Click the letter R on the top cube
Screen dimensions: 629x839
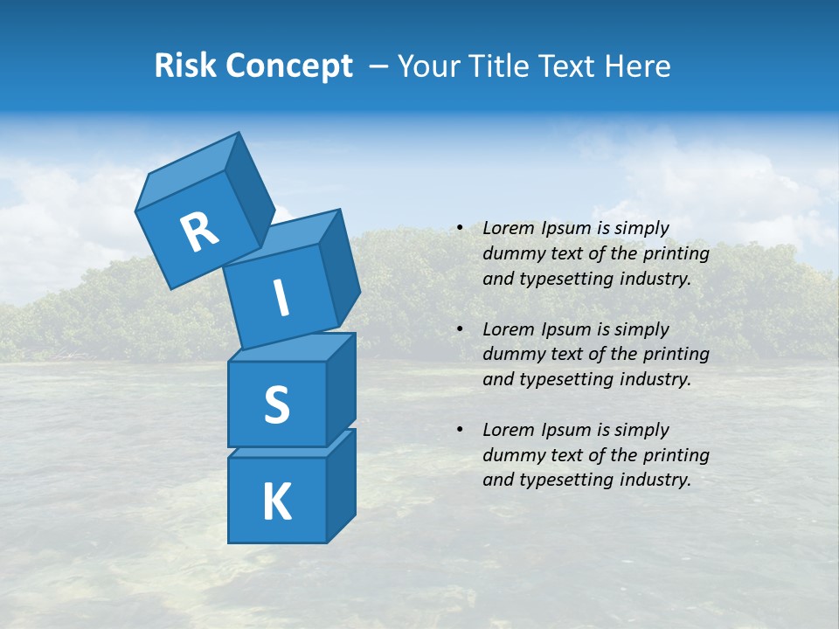(x=199, y=232)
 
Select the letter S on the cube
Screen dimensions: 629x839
(x=276, y=404)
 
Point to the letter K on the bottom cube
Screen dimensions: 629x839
(x=276, y=502)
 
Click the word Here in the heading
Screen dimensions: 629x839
(x=640, y=66)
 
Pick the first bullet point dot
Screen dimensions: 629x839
(x=460, y=229)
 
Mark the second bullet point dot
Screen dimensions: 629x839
(x=460, y=329)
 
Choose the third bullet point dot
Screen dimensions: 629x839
(x=460, y=430)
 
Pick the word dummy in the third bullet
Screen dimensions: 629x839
(x=510, y=454)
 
